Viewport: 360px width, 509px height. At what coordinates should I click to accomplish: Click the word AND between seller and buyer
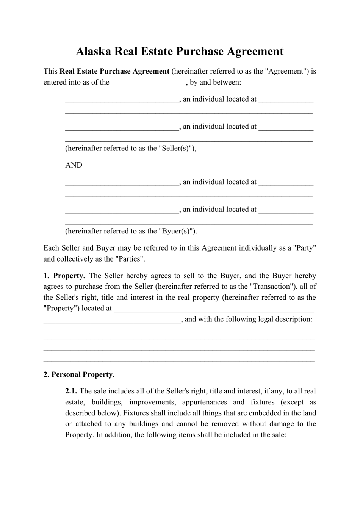click(x=74, y=165)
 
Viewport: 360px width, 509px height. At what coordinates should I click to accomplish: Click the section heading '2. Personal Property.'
click(x=79, y=374)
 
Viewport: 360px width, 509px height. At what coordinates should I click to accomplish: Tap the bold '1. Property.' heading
click(x=64, y=276)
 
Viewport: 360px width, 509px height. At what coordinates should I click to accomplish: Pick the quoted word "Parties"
click(x=130, y=259)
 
